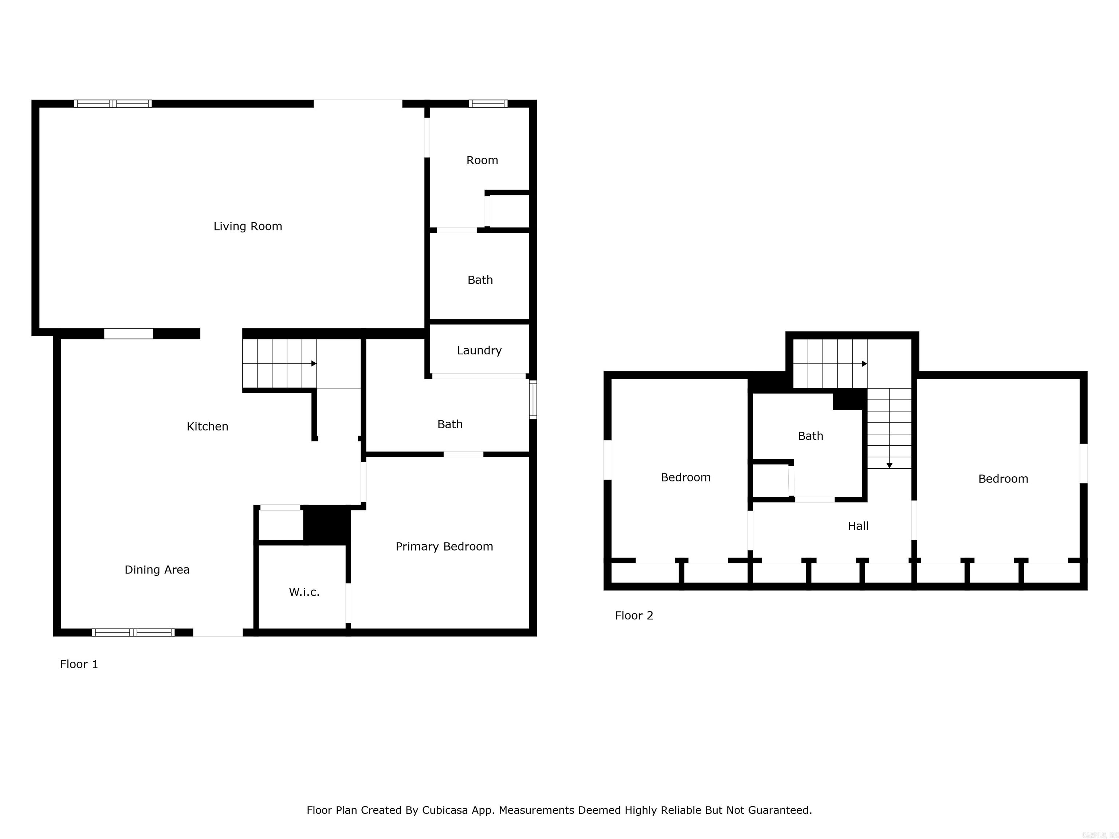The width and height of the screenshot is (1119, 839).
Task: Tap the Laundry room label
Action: point(479,350)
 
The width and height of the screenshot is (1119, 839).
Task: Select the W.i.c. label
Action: point(304,592)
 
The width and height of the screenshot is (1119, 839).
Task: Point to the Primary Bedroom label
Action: point(444,547)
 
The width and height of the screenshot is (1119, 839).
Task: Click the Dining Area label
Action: point(157,570)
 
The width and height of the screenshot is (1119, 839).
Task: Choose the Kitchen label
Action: point(207,427)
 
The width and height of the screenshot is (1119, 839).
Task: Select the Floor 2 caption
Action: point(634,615)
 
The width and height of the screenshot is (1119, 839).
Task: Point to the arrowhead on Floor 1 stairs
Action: point(314,364)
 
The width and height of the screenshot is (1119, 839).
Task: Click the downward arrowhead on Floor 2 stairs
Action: point(889,466)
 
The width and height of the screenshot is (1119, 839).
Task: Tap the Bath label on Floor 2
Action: point(810,436)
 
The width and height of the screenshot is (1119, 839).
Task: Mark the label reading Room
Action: point(482,160)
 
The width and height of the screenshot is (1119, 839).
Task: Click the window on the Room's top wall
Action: point(488,104)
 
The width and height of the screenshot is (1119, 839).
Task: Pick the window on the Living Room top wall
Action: point(113,104)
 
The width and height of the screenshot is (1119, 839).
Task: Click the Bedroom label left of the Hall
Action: point(686,477)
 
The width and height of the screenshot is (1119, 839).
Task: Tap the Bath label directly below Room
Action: point(480,280)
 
